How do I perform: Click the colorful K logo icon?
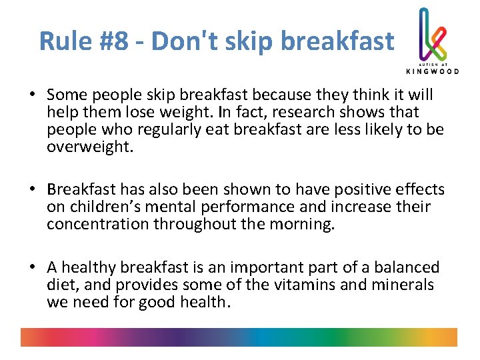tap(431, 33)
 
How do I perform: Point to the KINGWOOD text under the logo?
tap(433, 70)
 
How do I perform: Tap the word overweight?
tap(91, 145)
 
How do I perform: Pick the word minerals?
tap(406, 285)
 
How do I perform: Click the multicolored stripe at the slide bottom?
tap(239, 337)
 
